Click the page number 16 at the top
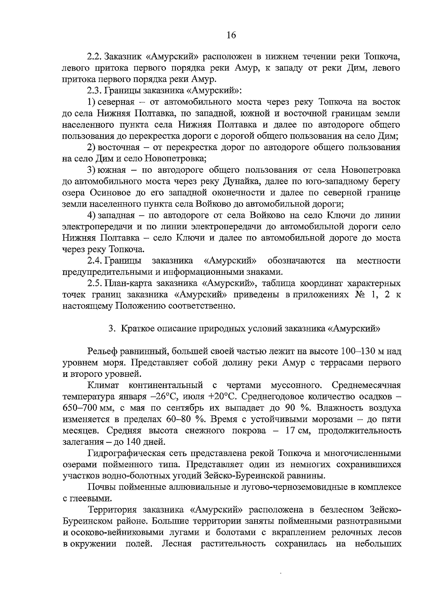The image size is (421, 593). tap(232, 35)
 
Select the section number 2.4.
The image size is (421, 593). tap(94, 261)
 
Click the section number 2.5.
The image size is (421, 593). tap(94, 283)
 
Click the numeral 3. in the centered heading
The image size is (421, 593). tap(112, 329)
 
